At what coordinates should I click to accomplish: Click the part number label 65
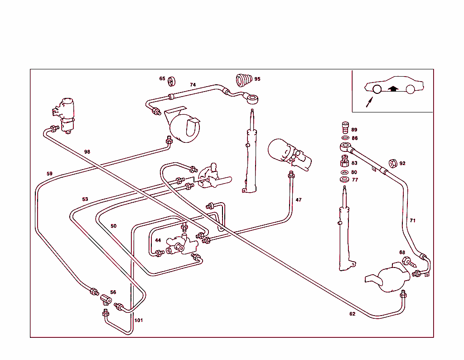tap(162, 78)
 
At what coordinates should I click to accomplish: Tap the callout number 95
tap(257, 79)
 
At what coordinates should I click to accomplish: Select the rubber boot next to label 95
tap(243, 80)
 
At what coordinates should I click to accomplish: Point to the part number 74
tap(193, 85)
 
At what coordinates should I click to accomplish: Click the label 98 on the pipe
tap(87, 152)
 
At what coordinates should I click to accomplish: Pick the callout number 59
tap(49, 173)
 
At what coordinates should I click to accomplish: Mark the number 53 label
tap(85, 199)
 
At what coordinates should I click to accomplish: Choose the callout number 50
tap(113, 226)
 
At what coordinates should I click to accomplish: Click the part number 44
tap(158, 240)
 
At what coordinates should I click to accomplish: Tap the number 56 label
tap(113, 292)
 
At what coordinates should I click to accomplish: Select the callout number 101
tap(139, 320)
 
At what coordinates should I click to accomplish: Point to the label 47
tap(299, 199)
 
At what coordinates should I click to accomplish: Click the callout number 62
tap(352, 314)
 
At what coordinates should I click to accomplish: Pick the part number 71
tap(412, 220)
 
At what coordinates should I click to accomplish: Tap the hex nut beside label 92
tap(393, 163)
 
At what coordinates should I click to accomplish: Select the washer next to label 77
tap(344, 180)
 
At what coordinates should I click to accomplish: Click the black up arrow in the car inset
tap(393, 88)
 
